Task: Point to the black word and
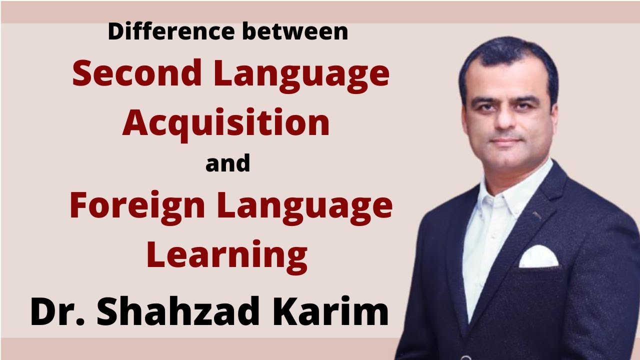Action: click(x=227, y=164)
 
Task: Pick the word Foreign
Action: click(x=136, y=206)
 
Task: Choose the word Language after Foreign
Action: click(x=305, y=206)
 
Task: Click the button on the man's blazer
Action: click(x=466, y=357)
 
